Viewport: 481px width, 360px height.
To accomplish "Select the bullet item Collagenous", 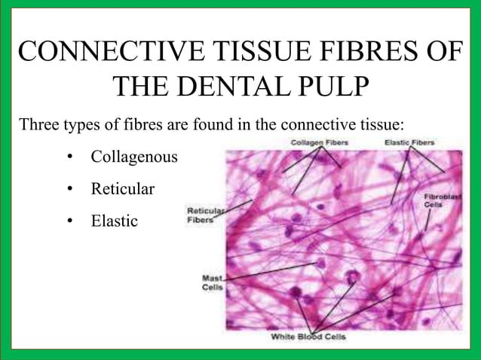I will (134, 157).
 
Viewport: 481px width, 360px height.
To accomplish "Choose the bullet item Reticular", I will (122, 189).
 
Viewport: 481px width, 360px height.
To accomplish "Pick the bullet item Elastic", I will (114, 221).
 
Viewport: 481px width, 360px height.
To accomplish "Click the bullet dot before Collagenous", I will (70, 157).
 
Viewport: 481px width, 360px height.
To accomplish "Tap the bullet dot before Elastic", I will (70, 221).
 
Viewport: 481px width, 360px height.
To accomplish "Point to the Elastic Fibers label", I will (409, 142).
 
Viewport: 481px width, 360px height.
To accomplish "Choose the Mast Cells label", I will (212, 283).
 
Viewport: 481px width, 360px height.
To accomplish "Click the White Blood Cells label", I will (308, 337).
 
